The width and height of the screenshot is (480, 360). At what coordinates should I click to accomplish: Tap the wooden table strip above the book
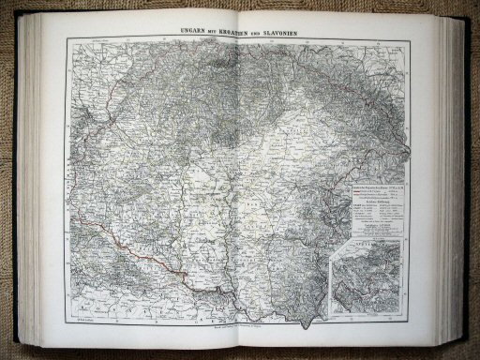240,7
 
